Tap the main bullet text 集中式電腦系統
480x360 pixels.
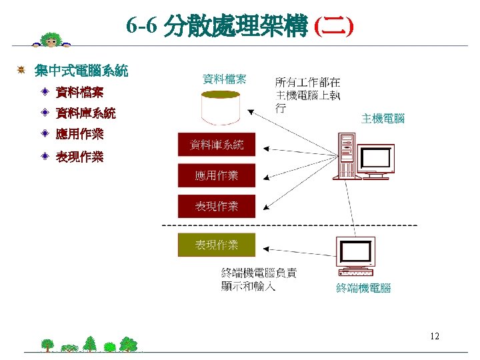pos(81,69)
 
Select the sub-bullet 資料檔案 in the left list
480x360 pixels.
pos(79,91)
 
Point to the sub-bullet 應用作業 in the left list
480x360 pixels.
pos(79,134)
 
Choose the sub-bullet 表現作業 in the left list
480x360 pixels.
pos(79,157)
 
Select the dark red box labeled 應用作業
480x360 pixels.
pos(217,176)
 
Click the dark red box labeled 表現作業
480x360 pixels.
pos(217,207)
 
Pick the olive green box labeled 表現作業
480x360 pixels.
pos(217,245)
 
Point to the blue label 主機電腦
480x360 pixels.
pos(383,119)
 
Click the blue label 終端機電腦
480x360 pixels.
pos(363,288)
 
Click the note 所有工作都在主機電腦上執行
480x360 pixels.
pos(307,95)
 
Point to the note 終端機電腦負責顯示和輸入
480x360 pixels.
pos(259,279)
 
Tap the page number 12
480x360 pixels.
pos(435,336)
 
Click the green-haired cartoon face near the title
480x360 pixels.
pos(49,40)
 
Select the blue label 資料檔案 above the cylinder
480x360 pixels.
pos(224,79)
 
